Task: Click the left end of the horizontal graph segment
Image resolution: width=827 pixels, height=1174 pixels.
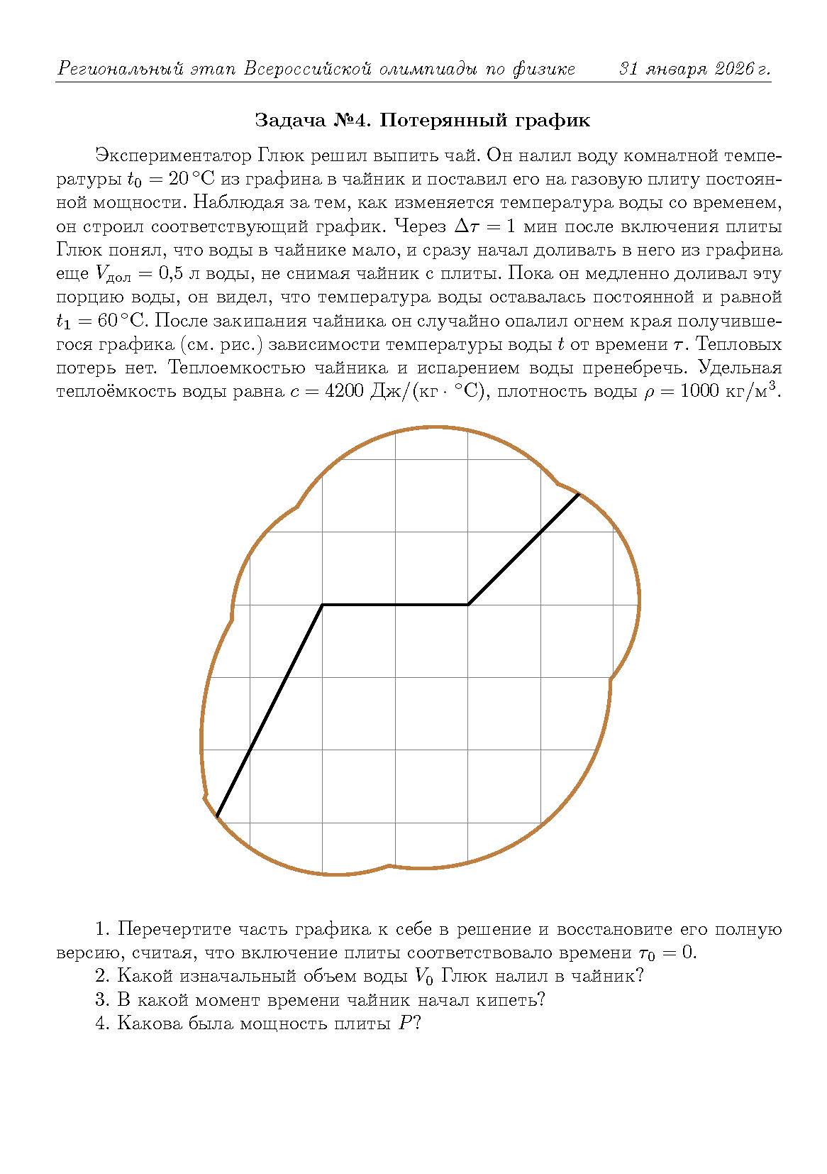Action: [x=323, y=605]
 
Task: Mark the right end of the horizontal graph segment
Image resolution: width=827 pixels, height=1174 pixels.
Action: [x=467, y=605]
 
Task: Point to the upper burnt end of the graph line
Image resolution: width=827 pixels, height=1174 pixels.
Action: [x=579, y=494]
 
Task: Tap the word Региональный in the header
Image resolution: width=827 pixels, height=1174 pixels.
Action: [x=120, y=70]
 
